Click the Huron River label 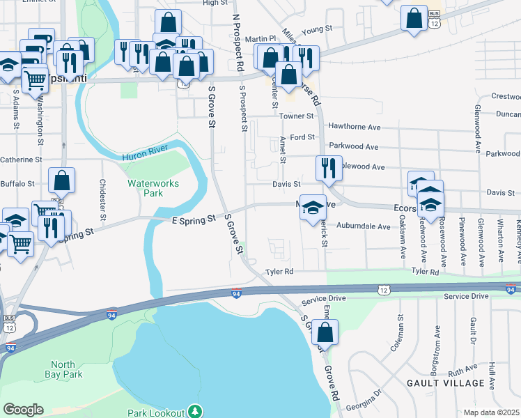click(145, 157)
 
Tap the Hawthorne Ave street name click(355, 127)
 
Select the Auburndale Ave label click(364, 226)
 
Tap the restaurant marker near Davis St click(327, 168)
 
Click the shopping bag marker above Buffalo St click(62, 180)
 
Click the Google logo click(23, 410)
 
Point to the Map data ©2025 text click(492, 412)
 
